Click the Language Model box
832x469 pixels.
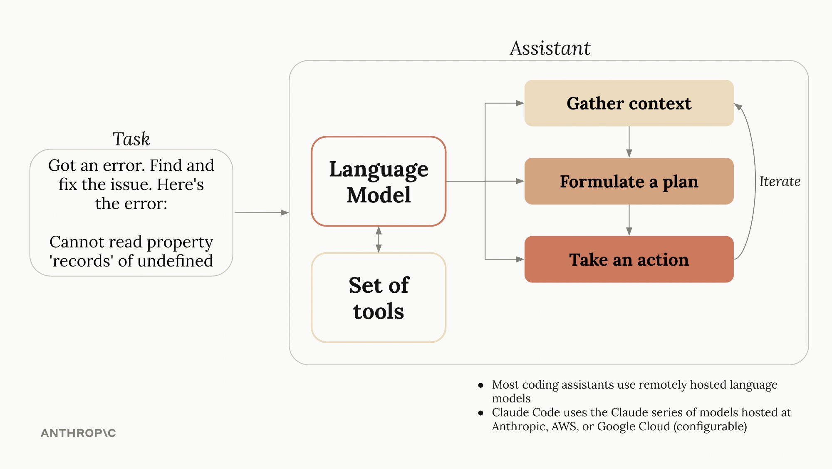click(x=379, y=182)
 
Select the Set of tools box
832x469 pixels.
click(x=379, y=298)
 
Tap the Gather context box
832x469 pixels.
click(x=629, y=103)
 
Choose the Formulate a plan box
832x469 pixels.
click(x=629, y=181)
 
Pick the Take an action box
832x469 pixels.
click(x=629, y=259)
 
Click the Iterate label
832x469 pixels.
click(x=780, y=182)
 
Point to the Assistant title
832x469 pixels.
click(x=550, y=48)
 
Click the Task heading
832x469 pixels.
click(x=131, y=139)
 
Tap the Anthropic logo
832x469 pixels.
click(x=78, y=433)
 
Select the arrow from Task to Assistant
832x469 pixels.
click(x=261, y=213)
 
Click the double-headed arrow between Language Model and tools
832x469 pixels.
click(x=379, y=239)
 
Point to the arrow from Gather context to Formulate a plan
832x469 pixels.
click(x=629, y=142)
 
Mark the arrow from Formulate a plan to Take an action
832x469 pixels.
click(x=629, y=220)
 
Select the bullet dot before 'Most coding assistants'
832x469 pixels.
click(x=481, y=385)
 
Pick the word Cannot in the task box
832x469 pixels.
click(x=76, y=242)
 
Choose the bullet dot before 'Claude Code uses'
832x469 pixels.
click(x=481, y=413)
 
